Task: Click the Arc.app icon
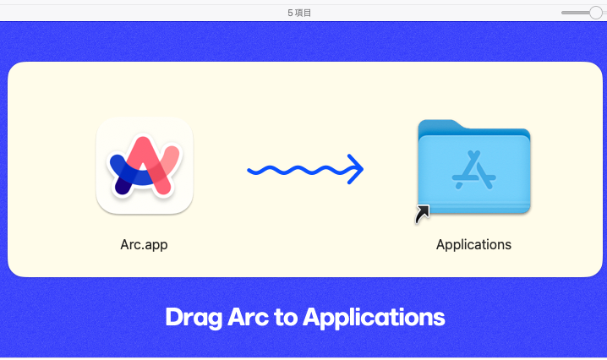pyautogui.click(x=145, y=166)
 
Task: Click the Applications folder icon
pyautogui.click(x=473, y=166)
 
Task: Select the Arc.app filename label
pyautogui.click(x=144, y=244)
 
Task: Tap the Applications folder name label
pyautogui.click(x=473, y=244)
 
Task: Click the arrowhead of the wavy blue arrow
pyautogui.click(x=356, y=169)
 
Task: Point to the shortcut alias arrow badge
pyautogui.click(x=423, y=214)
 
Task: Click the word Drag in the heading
pyautogui.click(x=194, y=318)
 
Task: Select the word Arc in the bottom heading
pyautogui.click(x=248, y=317)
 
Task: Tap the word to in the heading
pyautogui.click(x=286, y=318)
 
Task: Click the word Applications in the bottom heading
pyautogui.click(x=374, y=318)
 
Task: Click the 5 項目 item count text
pyautogui.click(x=299, y=13)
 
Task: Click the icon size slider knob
pyautogui.click(x=596, y=13)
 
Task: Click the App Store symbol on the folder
pyautogui.click(x=473, y=170)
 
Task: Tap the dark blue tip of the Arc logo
pyautogui.click(x=122, y=187)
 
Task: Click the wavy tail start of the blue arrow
pyautogui.click(x=250, y=170)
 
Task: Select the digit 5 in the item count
pyautogui.click(x=290, y=13)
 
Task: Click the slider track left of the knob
pyautogui.click(x=575, y=13)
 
